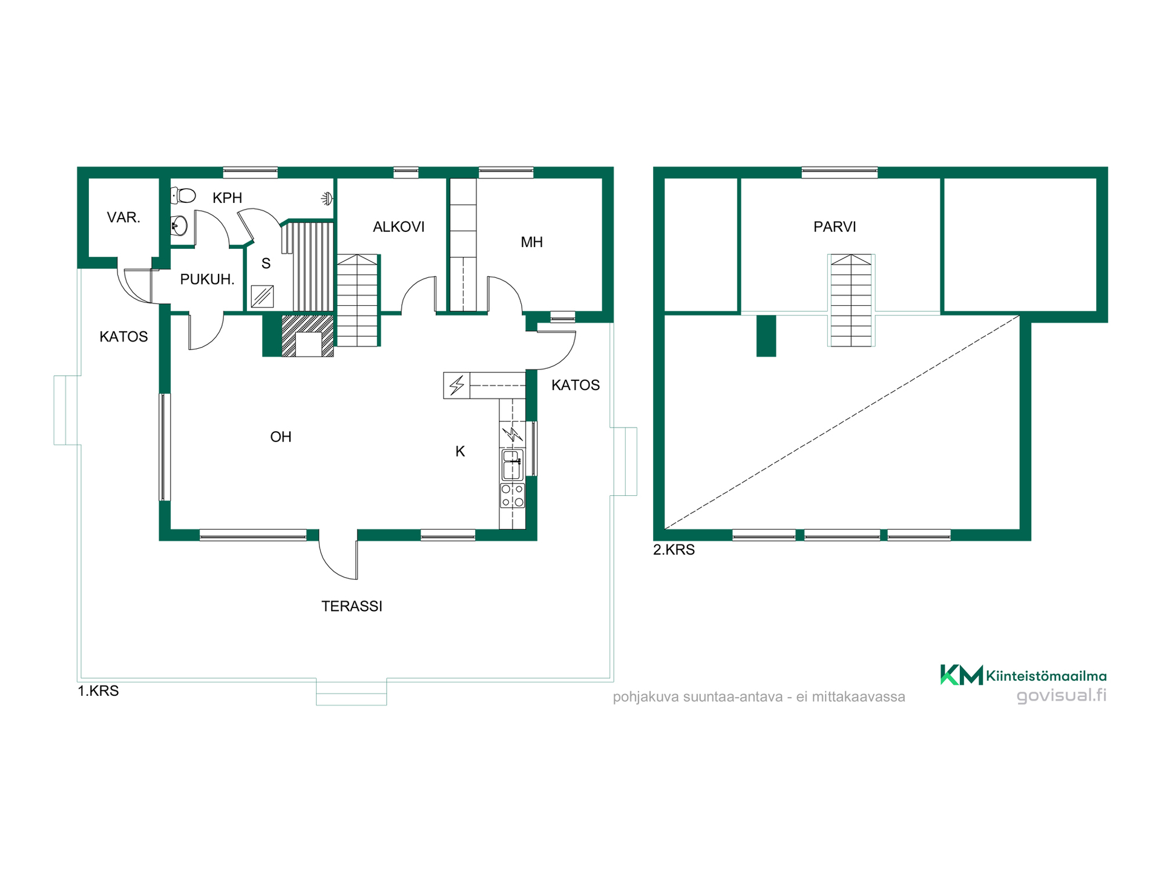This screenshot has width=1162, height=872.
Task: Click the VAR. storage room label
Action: click(x=123, y=217)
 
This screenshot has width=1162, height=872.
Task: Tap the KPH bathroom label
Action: click(x=227, y=197)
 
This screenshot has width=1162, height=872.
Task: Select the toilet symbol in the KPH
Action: click(x=183, y=195)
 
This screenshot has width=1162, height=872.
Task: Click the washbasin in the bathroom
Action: click(x=179, y=226)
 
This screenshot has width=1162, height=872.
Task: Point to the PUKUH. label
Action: click(x=207, y=279)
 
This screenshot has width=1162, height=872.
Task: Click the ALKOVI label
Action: click(x=398, y=226)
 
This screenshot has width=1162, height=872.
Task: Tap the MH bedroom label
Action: click(x=531, y=242)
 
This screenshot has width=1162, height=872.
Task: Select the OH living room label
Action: click(x=281, y=437)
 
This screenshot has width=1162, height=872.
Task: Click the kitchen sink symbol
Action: click(x=512, y=465)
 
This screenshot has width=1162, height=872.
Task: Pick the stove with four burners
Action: click(x=512, y=495)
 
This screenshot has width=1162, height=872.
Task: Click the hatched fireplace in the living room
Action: click(x=307, y=335)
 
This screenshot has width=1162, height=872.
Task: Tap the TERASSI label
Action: click(x=352, y=606)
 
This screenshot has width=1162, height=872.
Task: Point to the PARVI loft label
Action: click(x=835, y=226)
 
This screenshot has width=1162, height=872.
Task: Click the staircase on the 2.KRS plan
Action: click(x=851, y=300)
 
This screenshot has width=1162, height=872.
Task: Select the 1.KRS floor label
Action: click(x=98, y=691)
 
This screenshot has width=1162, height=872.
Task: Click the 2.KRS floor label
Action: click(x=674, y=550)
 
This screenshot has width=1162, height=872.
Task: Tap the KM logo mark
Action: click(x=961, y=675)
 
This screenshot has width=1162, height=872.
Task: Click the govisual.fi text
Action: click(x=1062, y=695)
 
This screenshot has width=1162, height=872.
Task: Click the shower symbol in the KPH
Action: click(x=327, y=198)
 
